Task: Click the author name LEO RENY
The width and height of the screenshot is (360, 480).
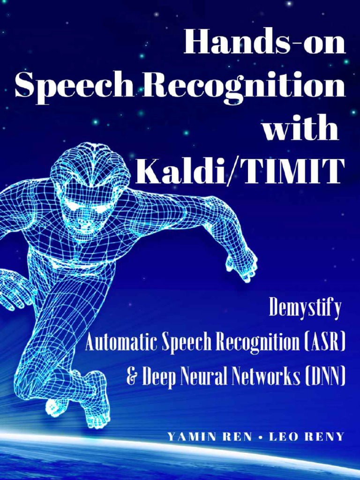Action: click(x=307, y=437)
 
